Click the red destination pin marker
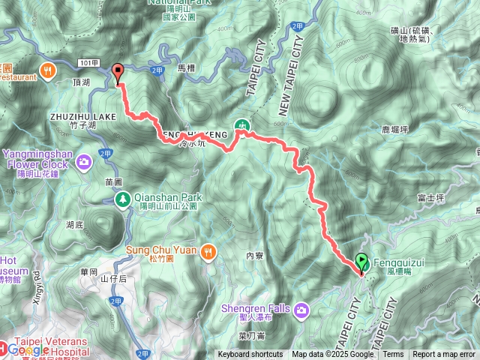118,73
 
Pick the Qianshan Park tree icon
122,199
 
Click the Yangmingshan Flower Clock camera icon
84,160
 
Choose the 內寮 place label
255,256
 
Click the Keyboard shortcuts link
250,355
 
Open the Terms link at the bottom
393,355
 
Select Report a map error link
444,355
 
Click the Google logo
28,349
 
